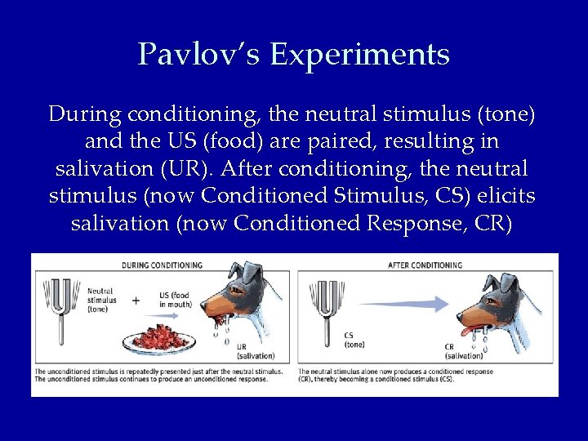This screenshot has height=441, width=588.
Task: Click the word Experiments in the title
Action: (x=359, y=55)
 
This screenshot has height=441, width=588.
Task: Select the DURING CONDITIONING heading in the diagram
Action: (x=163, y=265)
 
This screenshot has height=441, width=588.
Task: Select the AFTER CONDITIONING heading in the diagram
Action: (x=426, y=265)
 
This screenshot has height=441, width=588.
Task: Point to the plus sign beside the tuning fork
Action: (x=136, y=300)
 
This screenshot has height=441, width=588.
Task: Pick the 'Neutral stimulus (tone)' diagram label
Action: (x=100, y=300)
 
